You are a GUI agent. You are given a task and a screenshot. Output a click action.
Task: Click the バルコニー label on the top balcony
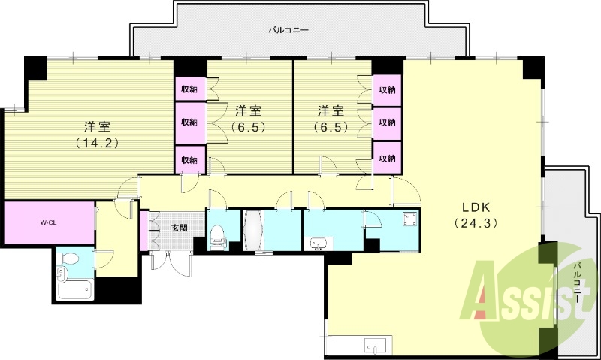(x=289, y=31)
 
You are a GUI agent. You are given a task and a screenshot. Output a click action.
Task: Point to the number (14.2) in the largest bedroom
(x=98, y=141)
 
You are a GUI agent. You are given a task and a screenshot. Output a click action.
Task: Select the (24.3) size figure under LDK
(x=476, y=223)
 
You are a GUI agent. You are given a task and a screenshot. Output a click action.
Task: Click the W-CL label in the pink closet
(x=48, y=223)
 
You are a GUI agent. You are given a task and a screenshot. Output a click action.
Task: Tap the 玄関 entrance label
(x=179, y=227)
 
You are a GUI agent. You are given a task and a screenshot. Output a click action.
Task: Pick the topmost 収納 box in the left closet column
(x=189, y=89)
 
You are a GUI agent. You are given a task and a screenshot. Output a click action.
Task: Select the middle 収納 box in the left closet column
(x=189, y=123)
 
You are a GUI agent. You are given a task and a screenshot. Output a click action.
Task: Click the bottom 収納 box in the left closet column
(x=189, y=159)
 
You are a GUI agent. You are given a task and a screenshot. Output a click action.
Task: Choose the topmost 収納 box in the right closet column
(x=388, y=89)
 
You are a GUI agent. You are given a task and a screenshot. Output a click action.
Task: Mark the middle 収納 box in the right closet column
(x=388, y=123)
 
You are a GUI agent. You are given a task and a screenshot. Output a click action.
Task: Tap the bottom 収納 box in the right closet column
(x=388, y=159)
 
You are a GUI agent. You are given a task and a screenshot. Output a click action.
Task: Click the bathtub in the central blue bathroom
(x=253, y=228)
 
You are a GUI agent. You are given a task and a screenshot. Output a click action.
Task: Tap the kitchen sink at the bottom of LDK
(x=376, y=346)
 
